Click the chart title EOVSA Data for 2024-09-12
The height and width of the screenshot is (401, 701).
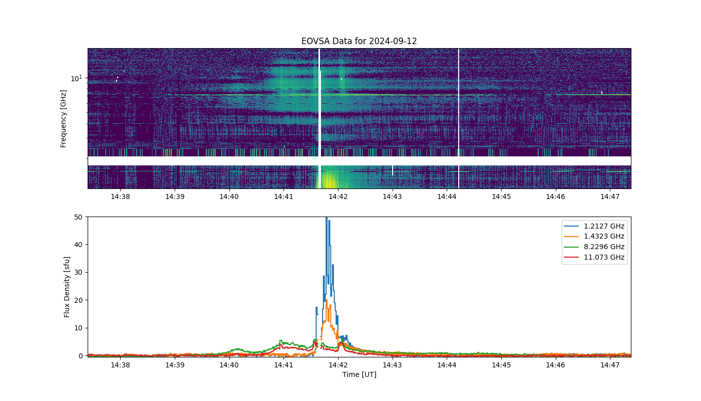(359, 41)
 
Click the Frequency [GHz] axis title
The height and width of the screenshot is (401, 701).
(63, 119)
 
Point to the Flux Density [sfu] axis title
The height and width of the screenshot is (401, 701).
(67, 287)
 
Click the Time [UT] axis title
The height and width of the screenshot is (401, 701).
(360, 374)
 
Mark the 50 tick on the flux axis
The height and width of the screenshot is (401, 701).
(78, 217)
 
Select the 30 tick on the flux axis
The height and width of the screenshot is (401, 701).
(78, 273)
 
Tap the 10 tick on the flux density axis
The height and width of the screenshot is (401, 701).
(78, 328)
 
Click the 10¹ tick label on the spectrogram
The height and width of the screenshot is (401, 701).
(76, 78)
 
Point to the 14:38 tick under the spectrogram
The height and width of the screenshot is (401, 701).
(120, 196)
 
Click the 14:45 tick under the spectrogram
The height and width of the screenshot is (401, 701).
(501, 196)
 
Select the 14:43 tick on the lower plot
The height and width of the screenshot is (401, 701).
(392, 365)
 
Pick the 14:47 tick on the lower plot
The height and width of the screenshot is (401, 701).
(610, 365)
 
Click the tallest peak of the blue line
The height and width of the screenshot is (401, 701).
(326, 218)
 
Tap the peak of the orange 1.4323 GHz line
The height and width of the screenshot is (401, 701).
(326, 300)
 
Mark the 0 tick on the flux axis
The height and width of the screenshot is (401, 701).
(81, 356)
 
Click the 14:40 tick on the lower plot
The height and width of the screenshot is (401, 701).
(229, 365)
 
